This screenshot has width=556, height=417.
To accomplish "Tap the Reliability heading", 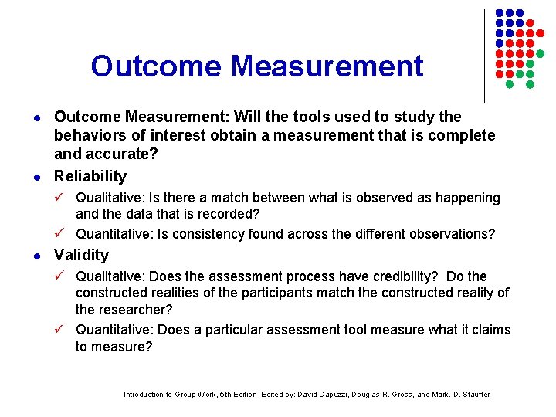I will (90, 176).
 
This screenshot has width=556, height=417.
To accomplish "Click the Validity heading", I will (81, 255).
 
